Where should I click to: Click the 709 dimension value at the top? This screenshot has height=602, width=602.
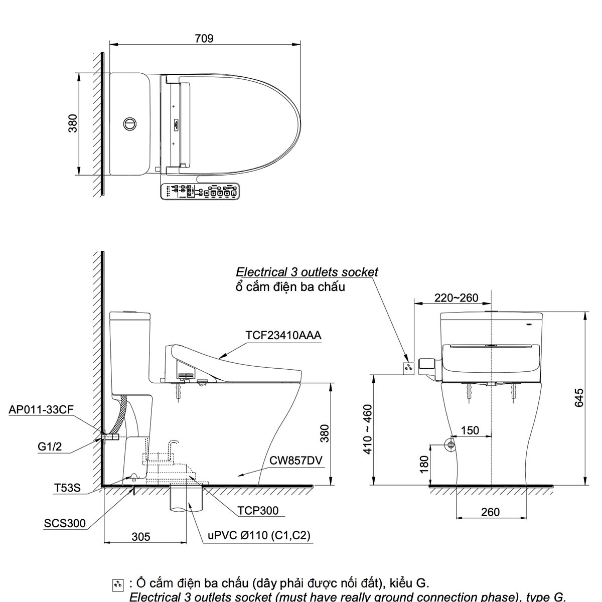click(x=204, y=38)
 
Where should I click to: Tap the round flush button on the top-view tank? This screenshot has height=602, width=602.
click(x=129, y=123)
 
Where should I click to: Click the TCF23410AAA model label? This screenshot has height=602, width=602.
click(x=283, y=335)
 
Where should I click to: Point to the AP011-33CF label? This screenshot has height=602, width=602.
click(x=41, y=410)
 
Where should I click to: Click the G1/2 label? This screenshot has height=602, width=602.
click(x=50, y=446)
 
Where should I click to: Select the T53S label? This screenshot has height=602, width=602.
click(x=67, y=488)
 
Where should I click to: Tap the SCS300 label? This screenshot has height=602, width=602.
click(x=65, y=524)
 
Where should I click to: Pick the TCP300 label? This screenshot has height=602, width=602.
click(x=258, y=511)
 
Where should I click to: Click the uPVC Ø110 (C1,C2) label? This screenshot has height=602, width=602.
click(x=259, y=535)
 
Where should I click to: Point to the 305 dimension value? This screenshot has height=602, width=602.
click(x=140, y=537)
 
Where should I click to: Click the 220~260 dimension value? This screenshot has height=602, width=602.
click(x=456, y=298)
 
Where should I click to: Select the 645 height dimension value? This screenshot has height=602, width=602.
click(x=579, y=398)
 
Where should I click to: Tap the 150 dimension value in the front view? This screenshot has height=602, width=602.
click(x=470, y=430)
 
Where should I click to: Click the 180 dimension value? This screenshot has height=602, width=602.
click(x=424, y=465)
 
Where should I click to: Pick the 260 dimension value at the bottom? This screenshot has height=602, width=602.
click(x=490, y=512)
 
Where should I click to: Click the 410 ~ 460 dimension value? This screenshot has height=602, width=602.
click(x=368, y=429)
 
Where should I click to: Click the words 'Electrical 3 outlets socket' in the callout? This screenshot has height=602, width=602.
click(x=307, y=272)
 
